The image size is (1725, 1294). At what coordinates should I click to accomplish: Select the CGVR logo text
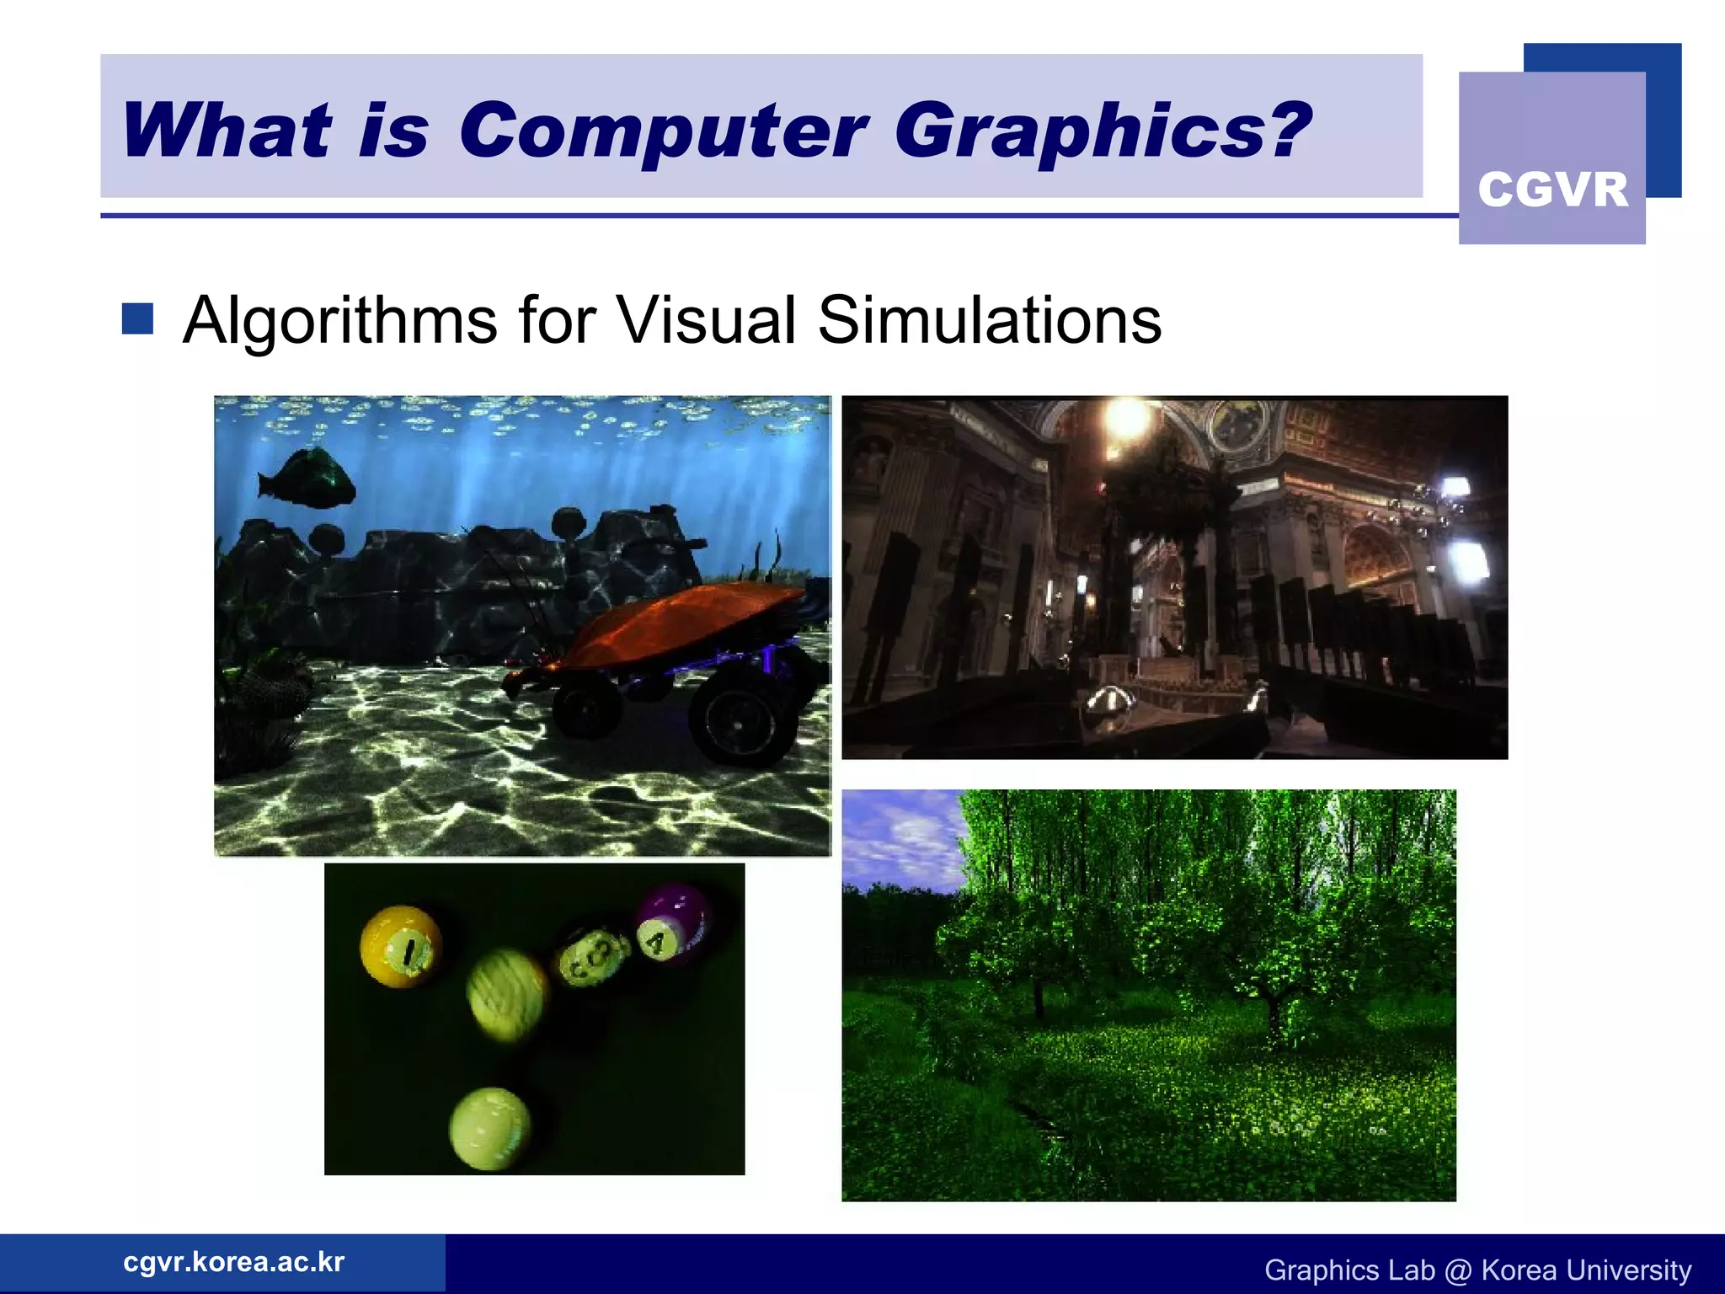[x=1552, y=190]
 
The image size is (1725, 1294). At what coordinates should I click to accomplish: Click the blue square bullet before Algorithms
[x=137, y=319]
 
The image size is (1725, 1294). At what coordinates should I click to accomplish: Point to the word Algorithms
[x=339, y=321]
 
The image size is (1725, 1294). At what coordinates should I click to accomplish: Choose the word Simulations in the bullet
[x=989, y=321]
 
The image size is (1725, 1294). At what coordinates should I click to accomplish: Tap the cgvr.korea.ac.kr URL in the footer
[x=233, y=1262]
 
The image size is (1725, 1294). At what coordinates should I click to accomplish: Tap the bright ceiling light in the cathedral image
[x=1126, y=416]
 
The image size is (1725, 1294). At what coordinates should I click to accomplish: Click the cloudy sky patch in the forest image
[x=897, y=834]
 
